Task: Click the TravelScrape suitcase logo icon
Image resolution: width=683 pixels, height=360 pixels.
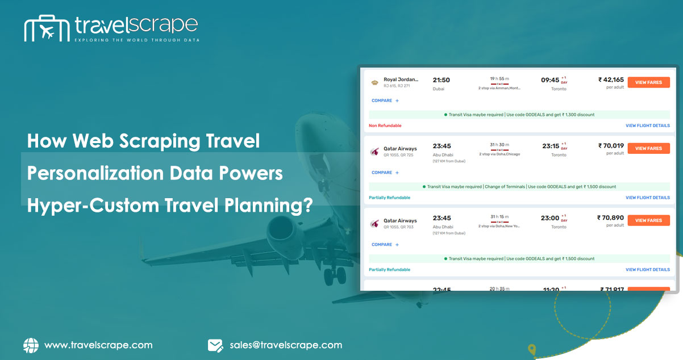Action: click(46, 29)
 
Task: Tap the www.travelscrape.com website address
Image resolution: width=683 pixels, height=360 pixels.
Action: click(98, 345)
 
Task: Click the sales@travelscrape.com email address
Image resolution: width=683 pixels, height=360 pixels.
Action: click(286, 345)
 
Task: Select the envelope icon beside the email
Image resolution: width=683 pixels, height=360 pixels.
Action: click(215, 345)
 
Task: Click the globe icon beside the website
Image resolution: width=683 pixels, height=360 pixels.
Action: click(31, 345)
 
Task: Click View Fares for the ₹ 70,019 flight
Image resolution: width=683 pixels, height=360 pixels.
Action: click(648, 148)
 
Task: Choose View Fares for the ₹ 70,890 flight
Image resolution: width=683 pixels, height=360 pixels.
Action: click(648, 220)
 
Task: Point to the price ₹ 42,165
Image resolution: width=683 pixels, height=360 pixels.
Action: click(611, 80)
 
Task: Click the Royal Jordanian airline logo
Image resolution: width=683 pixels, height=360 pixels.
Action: click(374, 83)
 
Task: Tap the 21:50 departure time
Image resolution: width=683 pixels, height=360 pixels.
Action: click(441, 80)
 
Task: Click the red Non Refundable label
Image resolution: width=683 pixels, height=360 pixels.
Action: click(385, 125)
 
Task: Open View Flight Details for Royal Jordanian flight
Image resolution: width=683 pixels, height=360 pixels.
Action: click(647, 125)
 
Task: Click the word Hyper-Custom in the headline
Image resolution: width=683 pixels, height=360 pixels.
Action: click(91, 206)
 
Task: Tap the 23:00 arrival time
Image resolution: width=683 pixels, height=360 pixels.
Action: click(550, 218)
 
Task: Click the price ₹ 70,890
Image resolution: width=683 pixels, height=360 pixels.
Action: click(610, 217)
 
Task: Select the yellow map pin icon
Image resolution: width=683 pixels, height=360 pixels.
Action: click(531, 349)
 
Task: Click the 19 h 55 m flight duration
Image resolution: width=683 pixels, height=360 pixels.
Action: click(499, 78)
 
